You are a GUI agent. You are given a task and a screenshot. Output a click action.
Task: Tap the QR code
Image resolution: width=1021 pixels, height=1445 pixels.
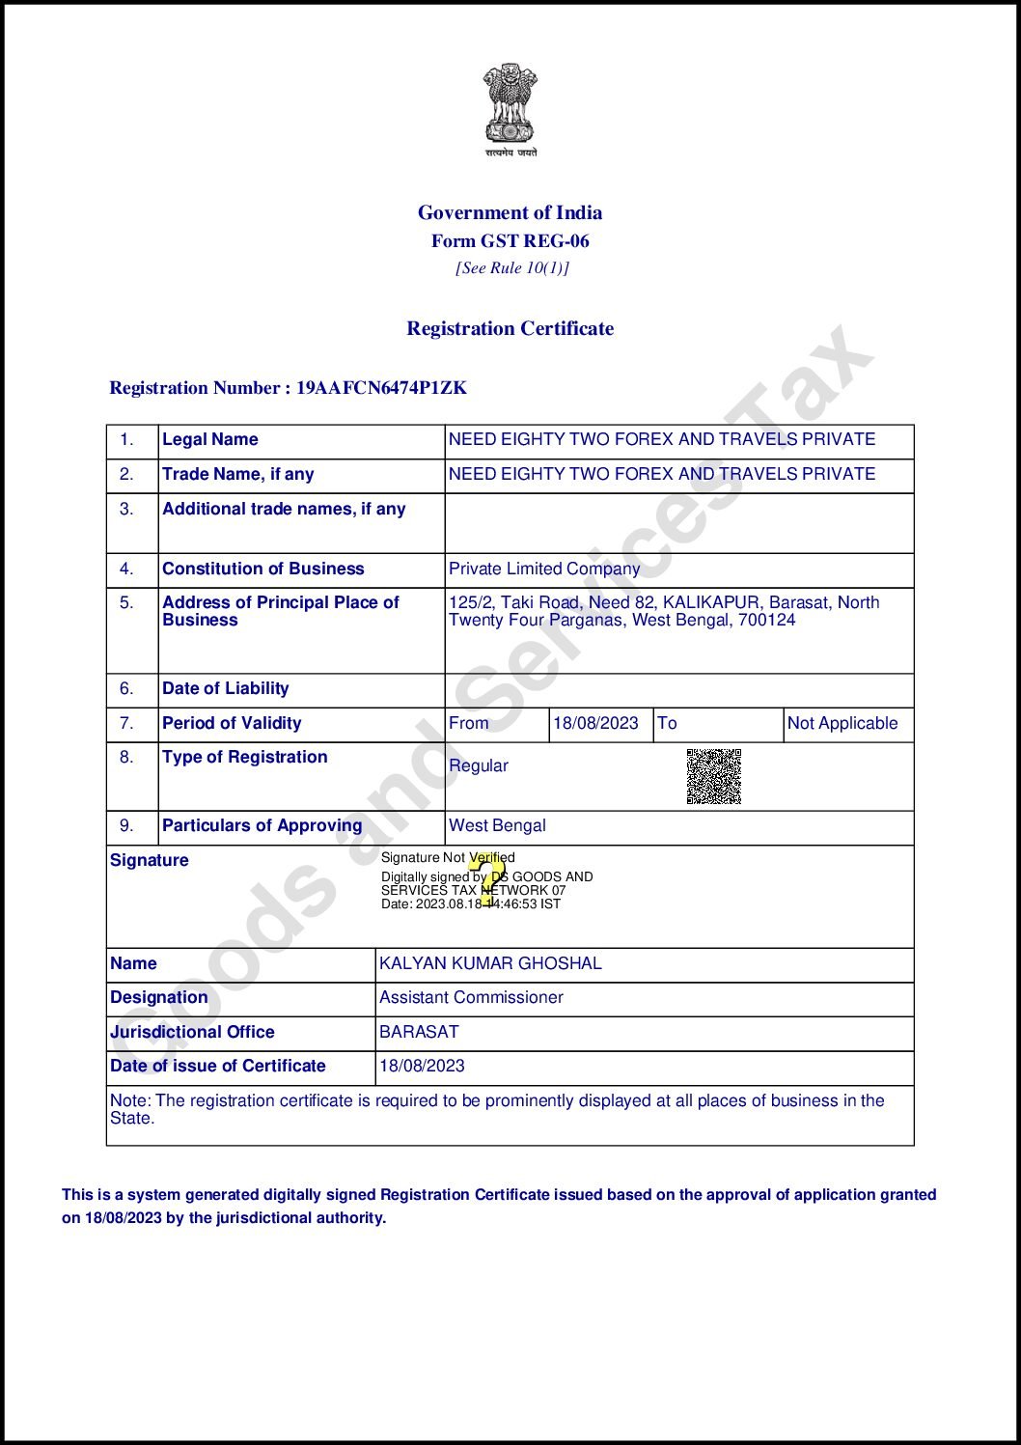pos(714,776)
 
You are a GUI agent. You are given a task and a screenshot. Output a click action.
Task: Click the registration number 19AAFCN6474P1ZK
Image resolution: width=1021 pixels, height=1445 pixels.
pos(381,388)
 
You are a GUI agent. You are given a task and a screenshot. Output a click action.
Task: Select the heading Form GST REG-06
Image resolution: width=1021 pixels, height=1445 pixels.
pos(510,241)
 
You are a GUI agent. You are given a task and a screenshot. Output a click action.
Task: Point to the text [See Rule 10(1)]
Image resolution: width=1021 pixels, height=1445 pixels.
pos(511,268)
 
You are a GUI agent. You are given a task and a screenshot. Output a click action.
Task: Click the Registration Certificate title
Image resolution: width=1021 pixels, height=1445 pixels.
pos(510,328)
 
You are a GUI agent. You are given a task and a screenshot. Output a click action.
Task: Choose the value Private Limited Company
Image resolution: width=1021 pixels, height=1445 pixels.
pos(544,569)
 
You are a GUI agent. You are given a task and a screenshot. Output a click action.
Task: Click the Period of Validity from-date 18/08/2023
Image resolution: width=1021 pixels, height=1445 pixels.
pos(595,723)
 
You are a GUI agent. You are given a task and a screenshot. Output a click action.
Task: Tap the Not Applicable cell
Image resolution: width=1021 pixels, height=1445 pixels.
pos(842,723)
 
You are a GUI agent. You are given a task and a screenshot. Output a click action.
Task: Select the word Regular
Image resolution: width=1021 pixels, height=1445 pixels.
pos(478,765)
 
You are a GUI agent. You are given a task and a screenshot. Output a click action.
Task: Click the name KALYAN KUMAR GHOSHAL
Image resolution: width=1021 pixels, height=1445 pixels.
pos(490,963)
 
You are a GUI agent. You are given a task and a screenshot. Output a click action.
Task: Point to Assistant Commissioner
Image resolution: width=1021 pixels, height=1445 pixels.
pos(471,997)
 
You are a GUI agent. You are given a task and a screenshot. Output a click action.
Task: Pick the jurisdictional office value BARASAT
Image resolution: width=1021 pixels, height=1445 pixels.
pos(419,1032)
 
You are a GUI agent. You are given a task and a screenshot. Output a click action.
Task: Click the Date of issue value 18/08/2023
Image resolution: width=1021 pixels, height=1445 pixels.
pos(422,1066)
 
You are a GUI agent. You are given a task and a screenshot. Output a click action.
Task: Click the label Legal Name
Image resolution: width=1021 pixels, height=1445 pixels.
pos(210,439)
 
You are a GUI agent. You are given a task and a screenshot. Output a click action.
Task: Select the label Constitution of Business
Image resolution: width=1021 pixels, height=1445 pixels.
pos(263,569)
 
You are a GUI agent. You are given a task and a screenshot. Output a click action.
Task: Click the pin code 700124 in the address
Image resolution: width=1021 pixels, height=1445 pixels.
pos(767,620)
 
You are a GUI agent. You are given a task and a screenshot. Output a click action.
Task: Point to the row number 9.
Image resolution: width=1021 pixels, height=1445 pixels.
pos(126,825)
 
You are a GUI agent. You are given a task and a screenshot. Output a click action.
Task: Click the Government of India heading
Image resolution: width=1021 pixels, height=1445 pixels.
pos(510,212)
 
